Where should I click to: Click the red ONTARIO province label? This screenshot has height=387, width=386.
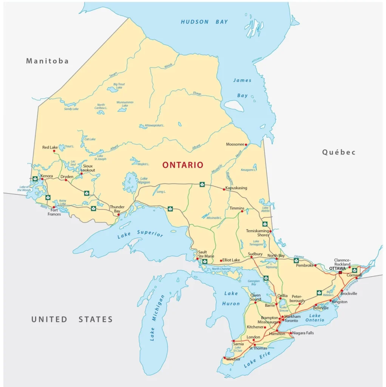point(183,165)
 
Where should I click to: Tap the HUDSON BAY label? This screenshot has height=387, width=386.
point(204,22)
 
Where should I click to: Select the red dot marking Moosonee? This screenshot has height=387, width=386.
point(246,144)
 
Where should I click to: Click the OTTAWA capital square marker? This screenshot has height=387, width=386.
point(340,272)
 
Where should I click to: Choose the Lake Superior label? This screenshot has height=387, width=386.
point(140,234)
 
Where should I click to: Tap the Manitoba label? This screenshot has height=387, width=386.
point(47,61)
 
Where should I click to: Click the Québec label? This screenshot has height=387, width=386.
point(339,152)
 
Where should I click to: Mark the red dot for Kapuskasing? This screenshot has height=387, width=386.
point(224,189)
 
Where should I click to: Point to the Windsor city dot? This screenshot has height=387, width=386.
point(224,358)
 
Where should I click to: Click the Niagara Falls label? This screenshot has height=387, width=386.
point(303,333)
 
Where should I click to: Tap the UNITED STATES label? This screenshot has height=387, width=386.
point(72,319)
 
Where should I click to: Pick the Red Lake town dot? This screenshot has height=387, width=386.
point(53,151)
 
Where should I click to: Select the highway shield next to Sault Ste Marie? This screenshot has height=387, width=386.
point(205,261)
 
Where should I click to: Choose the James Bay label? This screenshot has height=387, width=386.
point(242,88)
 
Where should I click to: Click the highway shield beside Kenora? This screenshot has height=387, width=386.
point(35,178)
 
